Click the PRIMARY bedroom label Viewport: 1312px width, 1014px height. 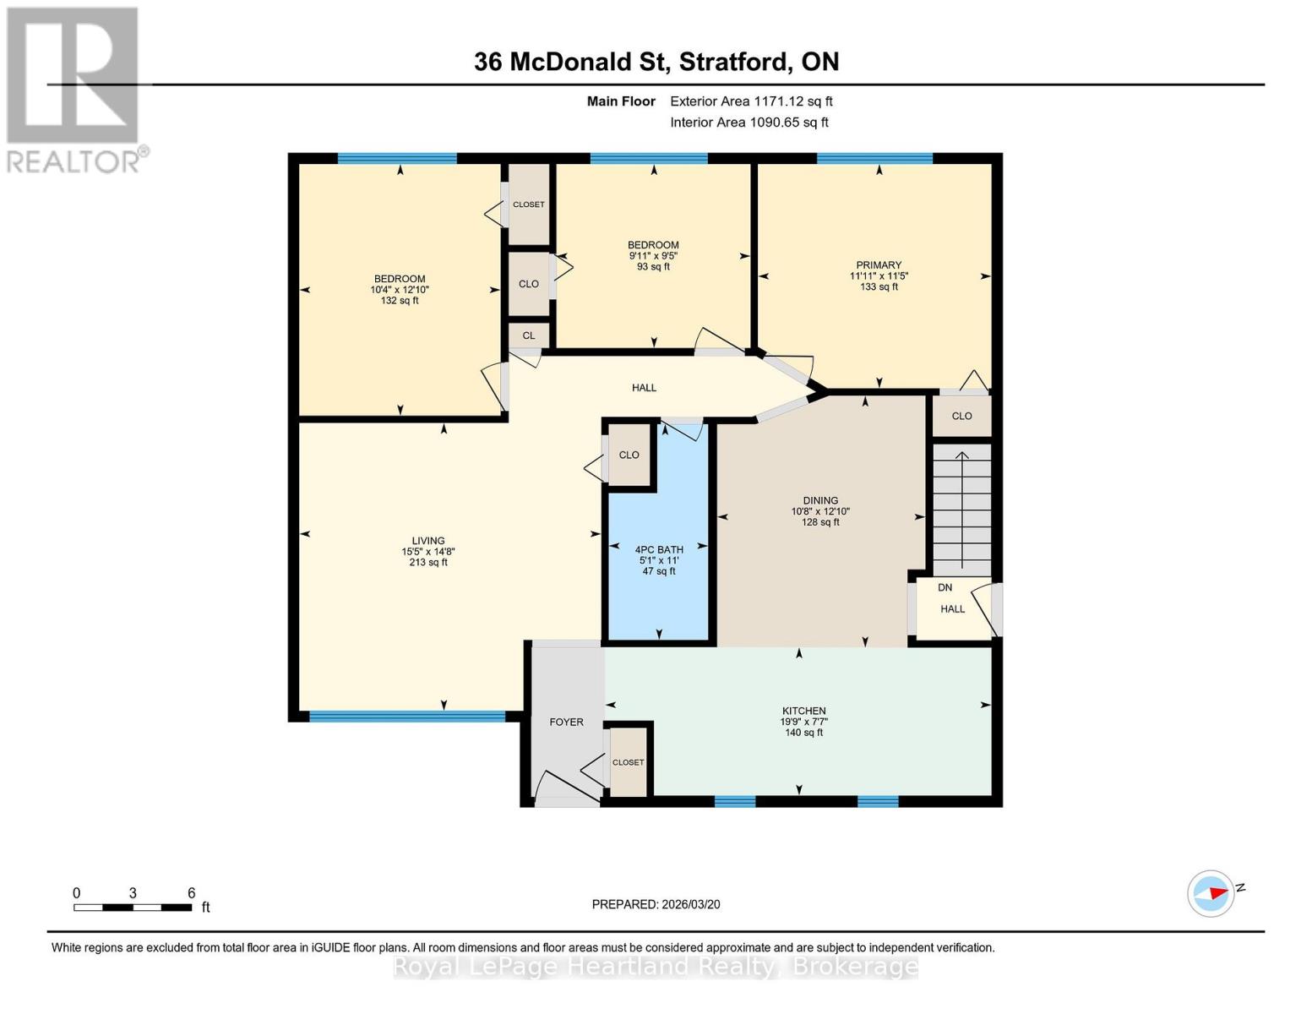879,265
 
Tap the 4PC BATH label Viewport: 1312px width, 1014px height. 659,550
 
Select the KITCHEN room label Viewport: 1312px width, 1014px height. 803,711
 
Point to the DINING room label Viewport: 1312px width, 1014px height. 820,501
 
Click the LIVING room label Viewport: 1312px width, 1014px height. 428,542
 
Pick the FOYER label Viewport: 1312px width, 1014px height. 566,722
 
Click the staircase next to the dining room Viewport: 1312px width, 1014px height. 961,511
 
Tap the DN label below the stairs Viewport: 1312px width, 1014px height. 945,588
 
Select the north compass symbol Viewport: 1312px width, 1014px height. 1211,893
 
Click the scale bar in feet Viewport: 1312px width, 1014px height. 133,908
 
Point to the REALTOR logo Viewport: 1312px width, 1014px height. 73,89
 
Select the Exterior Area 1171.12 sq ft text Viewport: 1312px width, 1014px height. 751,101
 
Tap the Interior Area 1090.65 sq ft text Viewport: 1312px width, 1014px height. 749,123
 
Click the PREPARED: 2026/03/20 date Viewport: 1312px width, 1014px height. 656,905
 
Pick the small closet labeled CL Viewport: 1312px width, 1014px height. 529,335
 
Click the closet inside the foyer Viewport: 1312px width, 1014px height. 628,762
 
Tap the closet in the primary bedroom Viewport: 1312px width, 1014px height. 961,416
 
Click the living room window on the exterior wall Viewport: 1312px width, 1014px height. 406,717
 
